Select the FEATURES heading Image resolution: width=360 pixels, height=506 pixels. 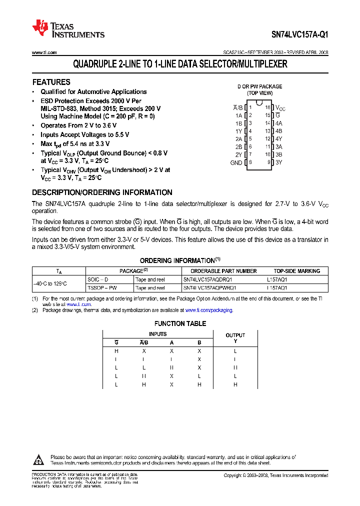click(51, 82)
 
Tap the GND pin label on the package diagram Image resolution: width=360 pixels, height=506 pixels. click(236, 162)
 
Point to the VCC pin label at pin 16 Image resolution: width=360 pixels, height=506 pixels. click(280, 107)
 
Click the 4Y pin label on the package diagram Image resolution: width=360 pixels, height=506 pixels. click(279, 139)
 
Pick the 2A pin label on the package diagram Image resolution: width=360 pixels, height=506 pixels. click(238, 139)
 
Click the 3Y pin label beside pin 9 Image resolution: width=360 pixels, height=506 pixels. click(279, 162)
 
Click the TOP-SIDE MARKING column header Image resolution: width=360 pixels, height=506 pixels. click(297, 271)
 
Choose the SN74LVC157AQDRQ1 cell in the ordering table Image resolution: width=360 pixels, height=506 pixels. click(210, 280)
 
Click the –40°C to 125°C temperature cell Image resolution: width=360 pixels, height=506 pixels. click(50, 284)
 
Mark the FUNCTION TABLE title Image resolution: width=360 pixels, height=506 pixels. click(180, 323)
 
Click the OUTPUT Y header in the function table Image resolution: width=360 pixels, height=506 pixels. click(235, 338)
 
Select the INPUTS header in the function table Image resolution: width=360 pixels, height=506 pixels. click(158, 334)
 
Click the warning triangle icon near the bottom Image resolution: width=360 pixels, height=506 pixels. click(39, 459)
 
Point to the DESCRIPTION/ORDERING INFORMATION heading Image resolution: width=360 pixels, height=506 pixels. click(102, 192)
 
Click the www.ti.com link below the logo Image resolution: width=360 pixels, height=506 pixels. click(44, 52)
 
